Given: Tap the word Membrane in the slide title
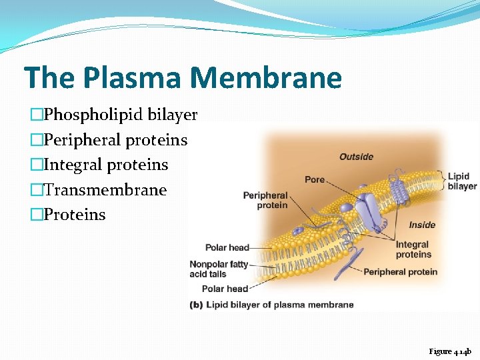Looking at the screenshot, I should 266,77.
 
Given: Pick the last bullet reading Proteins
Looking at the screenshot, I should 74,215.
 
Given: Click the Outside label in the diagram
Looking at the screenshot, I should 356,157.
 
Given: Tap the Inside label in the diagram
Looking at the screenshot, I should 421,225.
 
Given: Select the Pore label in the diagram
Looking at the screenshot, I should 315,179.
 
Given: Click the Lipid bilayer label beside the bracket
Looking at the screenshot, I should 462,181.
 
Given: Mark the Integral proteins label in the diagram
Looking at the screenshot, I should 413,250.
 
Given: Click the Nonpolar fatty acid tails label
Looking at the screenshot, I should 218,269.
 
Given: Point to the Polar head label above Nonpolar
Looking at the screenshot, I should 227,247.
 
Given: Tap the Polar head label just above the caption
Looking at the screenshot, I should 225,289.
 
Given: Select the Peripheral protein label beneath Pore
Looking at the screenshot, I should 265,200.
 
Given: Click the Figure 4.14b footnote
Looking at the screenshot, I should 450,351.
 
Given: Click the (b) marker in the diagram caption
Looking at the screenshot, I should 196,305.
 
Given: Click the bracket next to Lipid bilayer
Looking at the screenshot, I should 441,181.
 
